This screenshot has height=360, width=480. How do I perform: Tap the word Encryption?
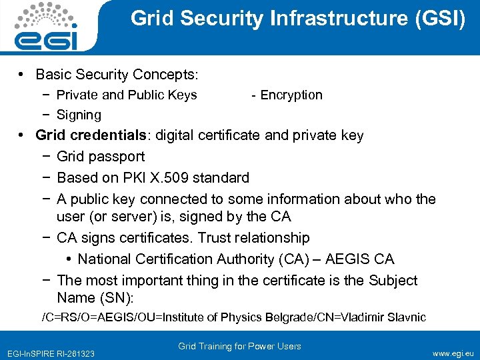[x=291, y=95]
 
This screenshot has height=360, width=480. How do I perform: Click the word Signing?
[x=79, y=115]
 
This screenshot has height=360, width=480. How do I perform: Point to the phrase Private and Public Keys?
[x=127, y=95]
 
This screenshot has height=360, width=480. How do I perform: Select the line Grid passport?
[x=101, y=157]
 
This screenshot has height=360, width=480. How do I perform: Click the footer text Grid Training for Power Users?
[x=239, y=346]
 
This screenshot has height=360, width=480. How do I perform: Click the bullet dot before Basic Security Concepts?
[x=23, y=74]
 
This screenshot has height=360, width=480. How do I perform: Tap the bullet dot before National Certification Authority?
[x=69, y=259]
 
